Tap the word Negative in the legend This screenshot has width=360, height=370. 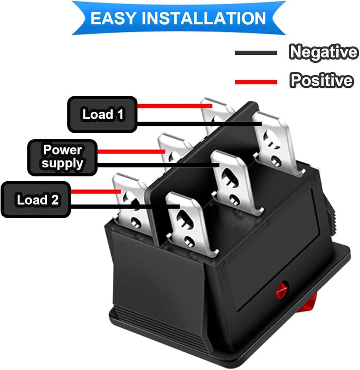coord(323,52)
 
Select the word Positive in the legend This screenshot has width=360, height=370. coord(321,80)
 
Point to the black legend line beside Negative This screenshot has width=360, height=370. coord(256,53)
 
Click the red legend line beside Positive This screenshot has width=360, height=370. coord(256,81)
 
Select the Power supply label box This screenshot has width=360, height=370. coord(62,157)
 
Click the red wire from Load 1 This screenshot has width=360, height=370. coord(174,106)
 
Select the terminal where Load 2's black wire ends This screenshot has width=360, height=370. coord(187,222)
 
